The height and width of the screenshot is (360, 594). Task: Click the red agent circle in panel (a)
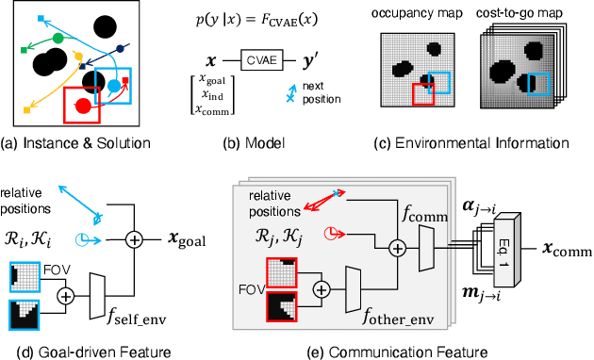point(83,104)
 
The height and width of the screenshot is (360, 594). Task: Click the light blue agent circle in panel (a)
point(115,86)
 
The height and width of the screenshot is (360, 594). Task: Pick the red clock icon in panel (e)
point(333,229)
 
